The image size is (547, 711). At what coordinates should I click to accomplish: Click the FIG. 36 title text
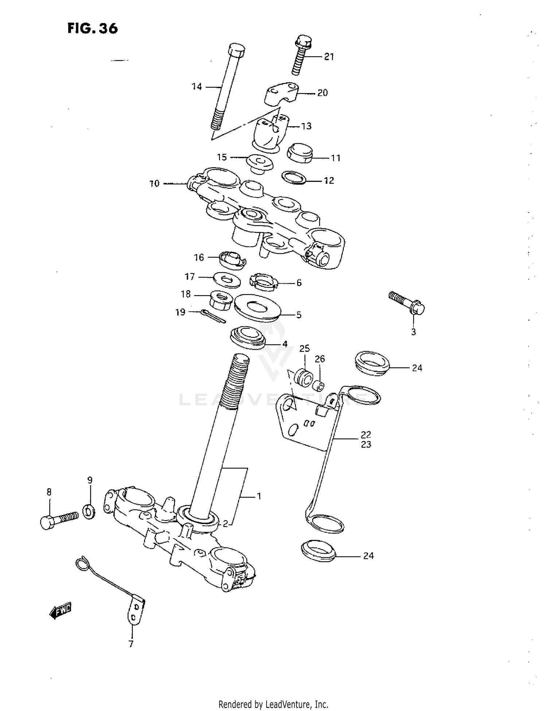[93, 28]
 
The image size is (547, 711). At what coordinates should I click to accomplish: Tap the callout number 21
[329, 57]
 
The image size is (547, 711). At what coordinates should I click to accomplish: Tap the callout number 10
[155, 184]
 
